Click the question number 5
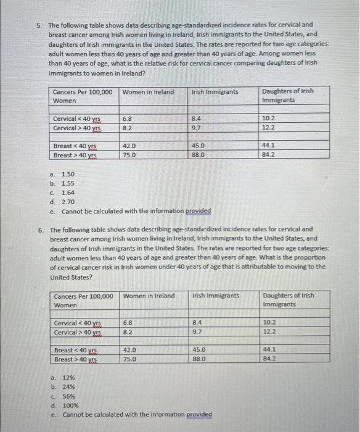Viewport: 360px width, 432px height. [x=38, y=26]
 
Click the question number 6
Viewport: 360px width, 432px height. [x=40, y=229]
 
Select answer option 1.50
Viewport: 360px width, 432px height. [x=68, y=175]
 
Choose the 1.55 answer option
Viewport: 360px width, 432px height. [x=68, y=183]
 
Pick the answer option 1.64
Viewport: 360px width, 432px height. [x=68, y=192]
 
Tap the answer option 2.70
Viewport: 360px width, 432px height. [x=68, y=201]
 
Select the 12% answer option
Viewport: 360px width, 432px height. [x=68, y=378]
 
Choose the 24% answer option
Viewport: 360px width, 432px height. [x=68, y=387]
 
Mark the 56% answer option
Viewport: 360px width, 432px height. [x=68, y=396]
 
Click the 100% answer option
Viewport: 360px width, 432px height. [x=70, y=405]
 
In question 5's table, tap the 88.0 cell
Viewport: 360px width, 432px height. [x=198, y=156]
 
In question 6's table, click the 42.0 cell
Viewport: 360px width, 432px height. [x=129, y=349]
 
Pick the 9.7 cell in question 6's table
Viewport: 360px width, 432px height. [x=197, y=331]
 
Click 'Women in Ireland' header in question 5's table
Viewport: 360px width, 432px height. [x=149, y=92]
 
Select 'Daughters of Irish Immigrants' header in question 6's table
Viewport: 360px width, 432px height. [x=288, y=300]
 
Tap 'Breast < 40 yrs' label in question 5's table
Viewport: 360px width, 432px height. [x=75, y=146]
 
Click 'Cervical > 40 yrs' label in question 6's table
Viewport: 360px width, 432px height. [x=78, y=332]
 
